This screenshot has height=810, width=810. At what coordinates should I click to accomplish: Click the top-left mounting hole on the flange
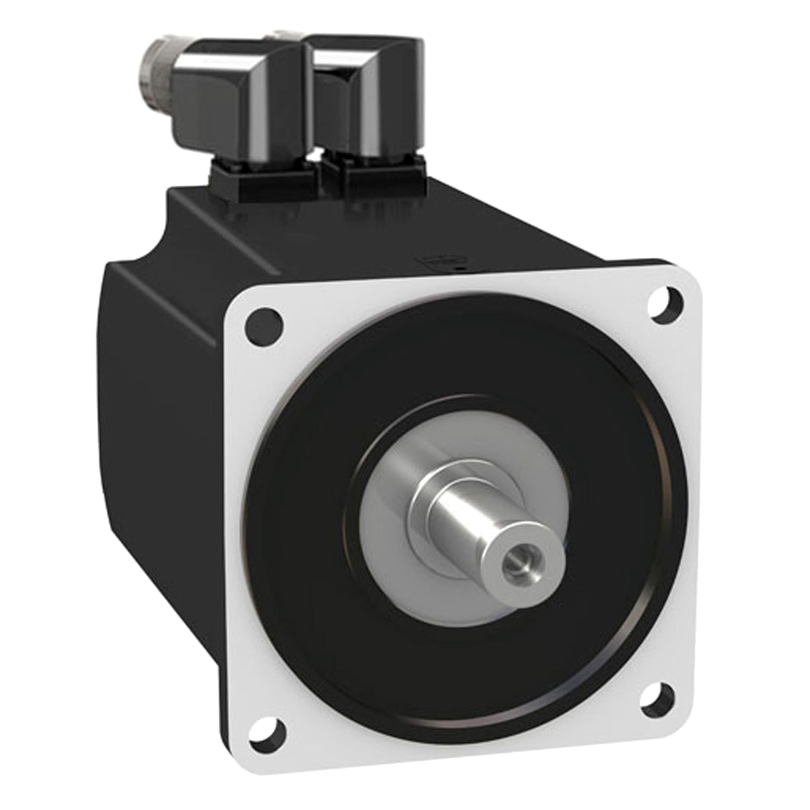click(x=263, y=326)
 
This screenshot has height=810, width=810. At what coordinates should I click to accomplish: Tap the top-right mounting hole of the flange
click(x=665, y=305)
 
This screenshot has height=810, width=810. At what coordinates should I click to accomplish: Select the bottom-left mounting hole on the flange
click(x=267, y=733)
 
